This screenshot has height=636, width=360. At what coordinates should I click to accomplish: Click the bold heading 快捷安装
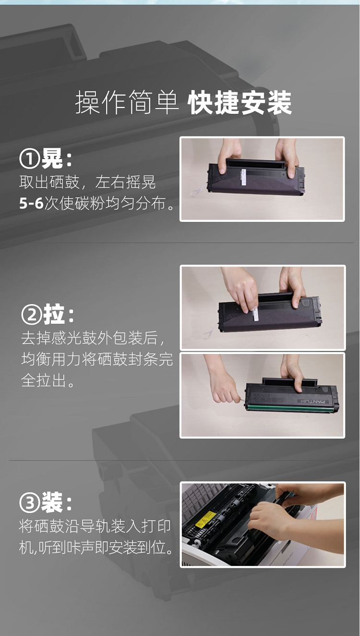pos(240,102)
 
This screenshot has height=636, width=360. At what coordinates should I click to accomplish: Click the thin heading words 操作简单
pos(127,102)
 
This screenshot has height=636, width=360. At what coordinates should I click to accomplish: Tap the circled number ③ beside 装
pos(29,503)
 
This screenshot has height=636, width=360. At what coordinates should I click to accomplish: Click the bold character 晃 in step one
pos(52,159)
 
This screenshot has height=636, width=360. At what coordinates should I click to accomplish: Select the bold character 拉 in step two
pos(54,315)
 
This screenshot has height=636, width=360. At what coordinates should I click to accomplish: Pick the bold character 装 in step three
pos(52,502)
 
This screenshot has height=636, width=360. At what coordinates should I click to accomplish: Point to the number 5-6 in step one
pos(31,203)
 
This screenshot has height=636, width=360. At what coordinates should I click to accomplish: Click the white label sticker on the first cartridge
pos(244,178)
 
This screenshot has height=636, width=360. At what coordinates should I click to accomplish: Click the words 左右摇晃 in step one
pos(126,182)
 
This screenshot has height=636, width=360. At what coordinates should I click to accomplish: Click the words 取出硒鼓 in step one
pos(49,182)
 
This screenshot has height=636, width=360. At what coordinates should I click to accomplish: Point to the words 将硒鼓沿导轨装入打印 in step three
pos(95,526)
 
